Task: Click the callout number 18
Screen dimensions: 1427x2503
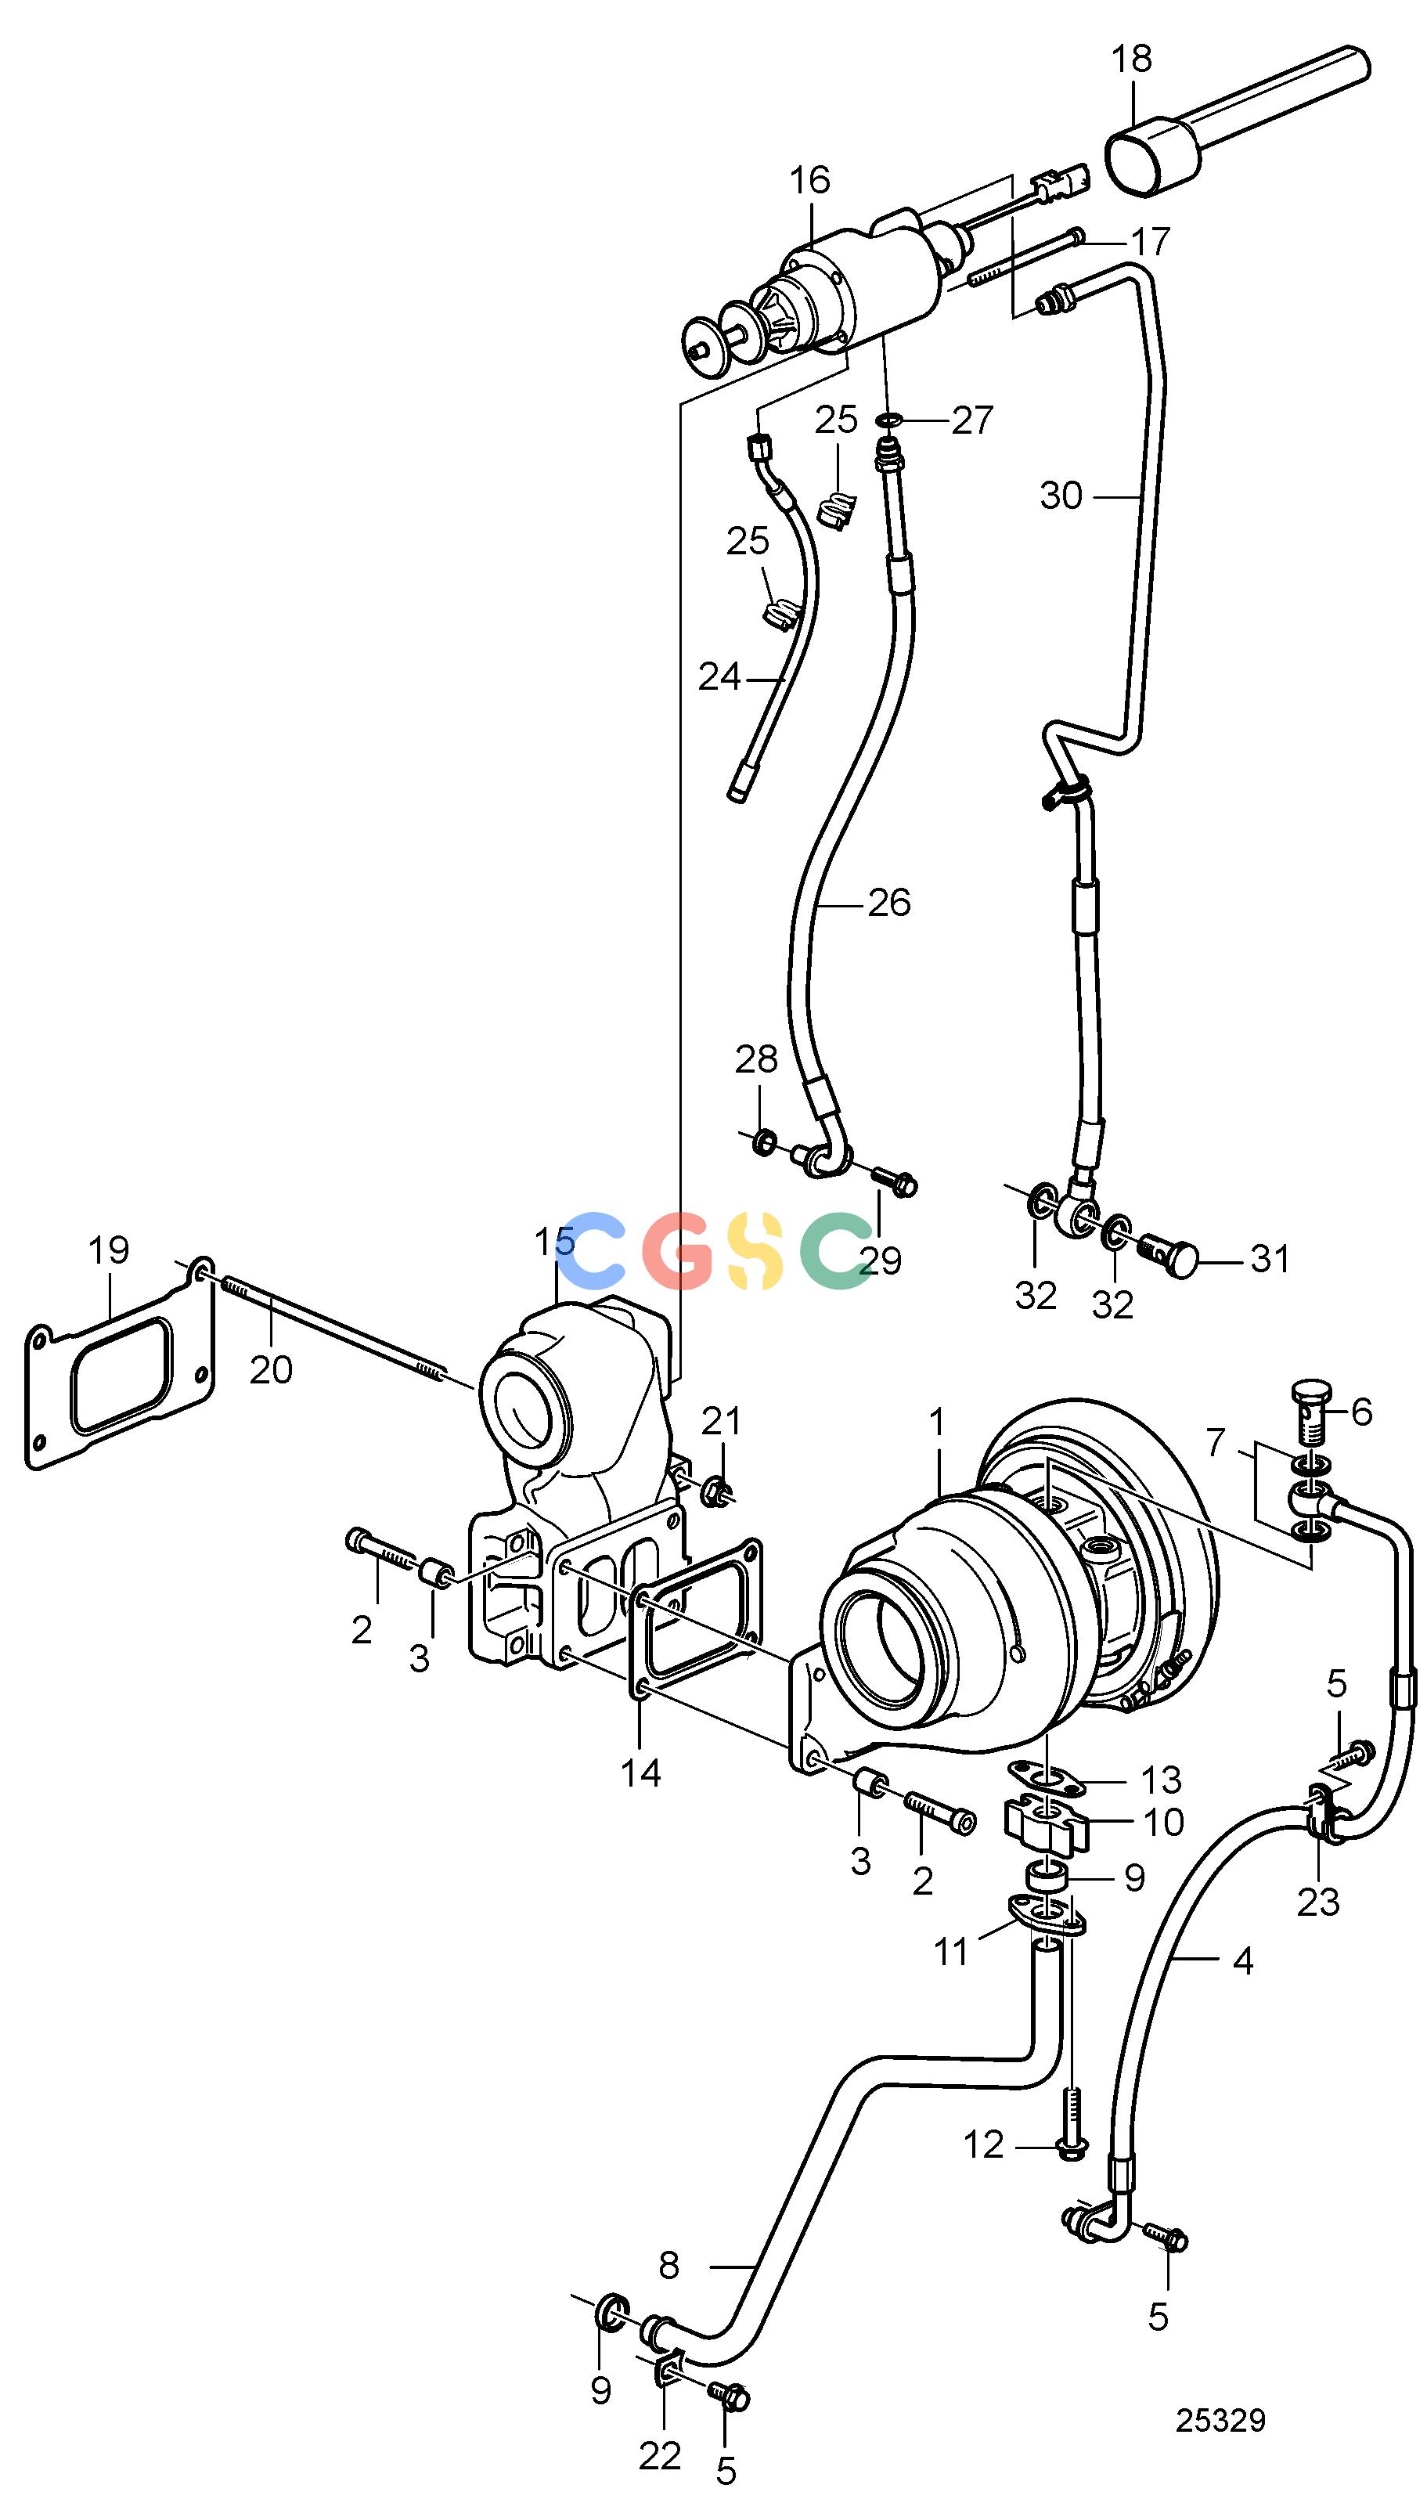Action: tap(1132, 59)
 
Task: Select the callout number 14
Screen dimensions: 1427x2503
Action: tap(642, 1772)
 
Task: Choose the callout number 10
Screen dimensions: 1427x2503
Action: tap(1163, 1822)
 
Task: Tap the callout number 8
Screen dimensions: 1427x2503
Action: tap(668, 2265)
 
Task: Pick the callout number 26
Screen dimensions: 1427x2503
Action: tap(889, 902)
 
